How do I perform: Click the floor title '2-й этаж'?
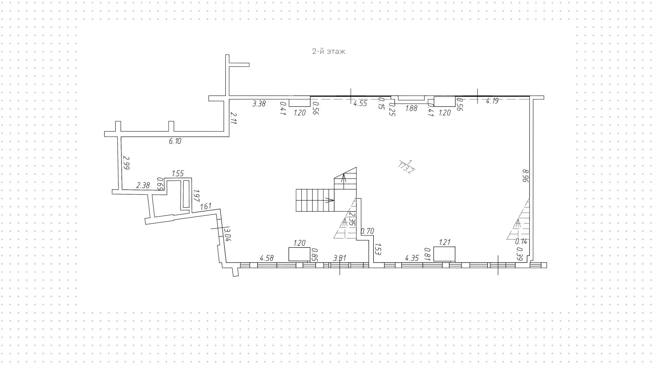pyautogui.click(x=329, y=51)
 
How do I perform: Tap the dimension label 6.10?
pyautogui.click(x=175, y=141)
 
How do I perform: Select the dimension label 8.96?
pyautogui.click(x=525, y=176)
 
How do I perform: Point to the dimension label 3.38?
pyautogui.click(x=259, y=104)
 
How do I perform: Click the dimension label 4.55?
pyautogui.click(x=360, y=103)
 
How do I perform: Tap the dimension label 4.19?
pyautogui.click(x=492, y=101)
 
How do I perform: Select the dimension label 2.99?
pyautogui.click(x=127, y=163)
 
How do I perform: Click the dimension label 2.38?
pyautogui.click(x=143, y=186)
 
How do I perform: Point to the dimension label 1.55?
pyautogui.click(x=178, y=174)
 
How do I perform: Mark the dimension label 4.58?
pyautogui.click(x=267, y=258)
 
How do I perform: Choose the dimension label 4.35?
pyautogui.click(x=412, y=258)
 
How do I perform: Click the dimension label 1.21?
pyautogui.click(x=445, y=242)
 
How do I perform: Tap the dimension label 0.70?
pyautogui.click(x=367, y=232)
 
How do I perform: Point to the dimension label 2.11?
pyautogui.click(x=233, y=119)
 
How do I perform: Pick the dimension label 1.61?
pyautogui.click(x=206, y=206)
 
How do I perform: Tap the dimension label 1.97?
pyautogui.click(x=196, y=196)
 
